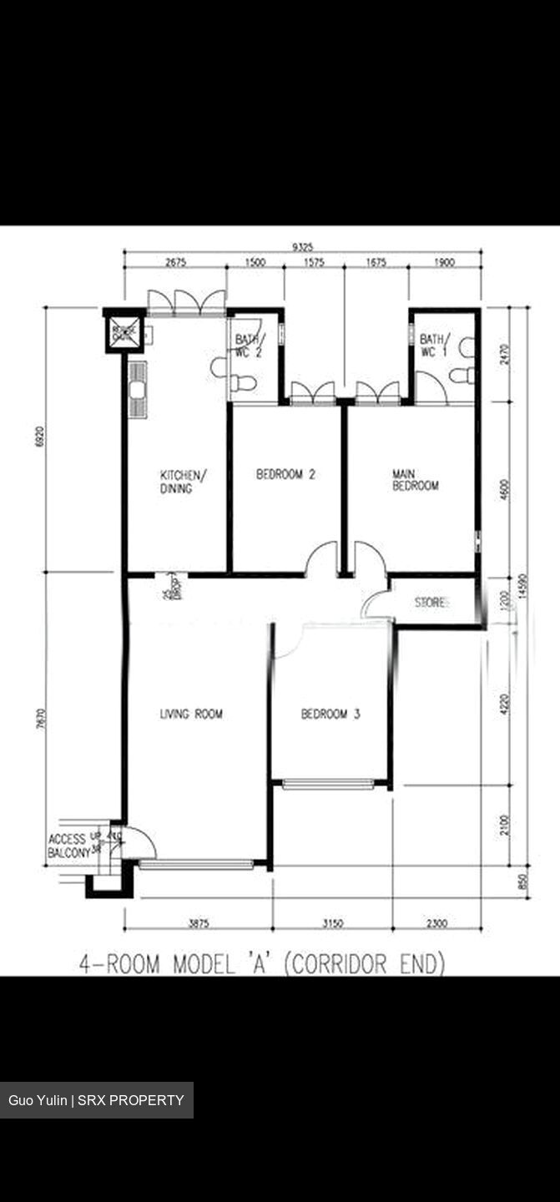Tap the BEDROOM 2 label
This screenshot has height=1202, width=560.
click(285, 474)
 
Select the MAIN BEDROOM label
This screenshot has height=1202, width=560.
click(415, 480)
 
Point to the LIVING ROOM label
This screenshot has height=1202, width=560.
click(191, 714)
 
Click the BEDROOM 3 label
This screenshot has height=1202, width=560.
click(330, 714)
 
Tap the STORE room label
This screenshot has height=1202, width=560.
click(432, 602)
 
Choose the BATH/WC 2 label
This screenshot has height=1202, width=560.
click(249, 346)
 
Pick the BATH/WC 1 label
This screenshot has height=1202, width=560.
click(433, 346)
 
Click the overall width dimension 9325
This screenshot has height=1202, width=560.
click(303, 246)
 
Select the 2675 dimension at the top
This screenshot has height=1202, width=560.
click(175, 262)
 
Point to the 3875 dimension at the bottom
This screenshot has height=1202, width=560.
click(199, 923)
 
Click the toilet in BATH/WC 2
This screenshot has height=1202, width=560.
click(242, 383)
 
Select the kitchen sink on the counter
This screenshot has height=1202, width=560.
click(137, 390)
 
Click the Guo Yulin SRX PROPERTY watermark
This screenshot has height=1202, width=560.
click(96, 1100)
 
